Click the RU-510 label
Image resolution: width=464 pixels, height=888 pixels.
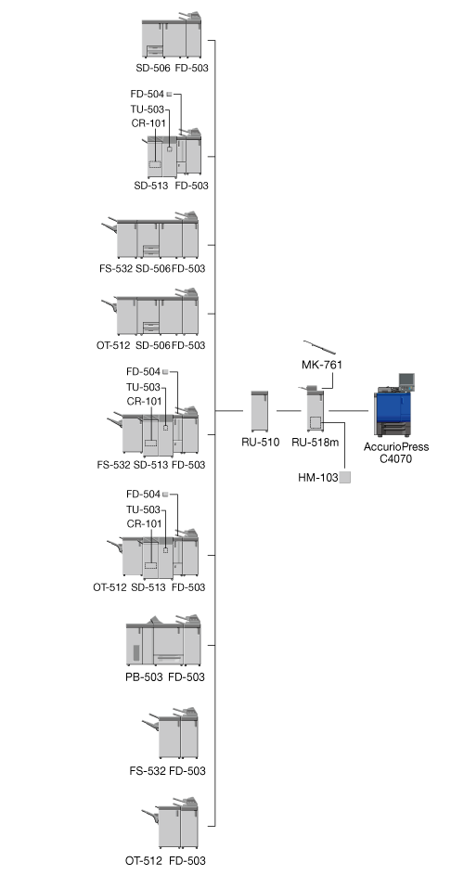point(260,443)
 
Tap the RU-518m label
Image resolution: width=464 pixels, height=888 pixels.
point(315,443)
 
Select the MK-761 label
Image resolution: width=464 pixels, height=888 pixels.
point(322,366)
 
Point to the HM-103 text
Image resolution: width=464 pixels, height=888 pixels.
point(317,478)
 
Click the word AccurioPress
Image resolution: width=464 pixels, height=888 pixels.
point(396,447)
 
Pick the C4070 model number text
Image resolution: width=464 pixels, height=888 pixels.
point(396,458)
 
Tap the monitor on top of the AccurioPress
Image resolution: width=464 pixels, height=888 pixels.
point(406,380)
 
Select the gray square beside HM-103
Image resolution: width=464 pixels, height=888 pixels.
point(344,478)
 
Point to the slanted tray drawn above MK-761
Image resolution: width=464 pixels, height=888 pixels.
point(319,347)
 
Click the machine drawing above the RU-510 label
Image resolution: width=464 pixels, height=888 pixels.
point(260,411)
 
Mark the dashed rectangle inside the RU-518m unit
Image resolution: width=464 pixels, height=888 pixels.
point(315,422)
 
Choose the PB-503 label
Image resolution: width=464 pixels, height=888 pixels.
point(144,676)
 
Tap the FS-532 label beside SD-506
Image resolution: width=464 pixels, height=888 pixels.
point(116,268)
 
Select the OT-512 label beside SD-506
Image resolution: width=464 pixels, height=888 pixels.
point(113,345)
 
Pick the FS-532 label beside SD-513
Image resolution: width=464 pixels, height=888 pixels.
point(114,465)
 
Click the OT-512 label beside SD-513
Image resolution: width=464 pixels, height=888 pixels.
point(110,587)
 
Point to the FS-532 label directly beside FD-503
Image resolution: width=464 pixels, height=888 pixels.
point(148,771)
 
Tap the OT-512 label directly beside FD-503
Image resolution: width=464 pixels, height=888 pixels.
point(143,861)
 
